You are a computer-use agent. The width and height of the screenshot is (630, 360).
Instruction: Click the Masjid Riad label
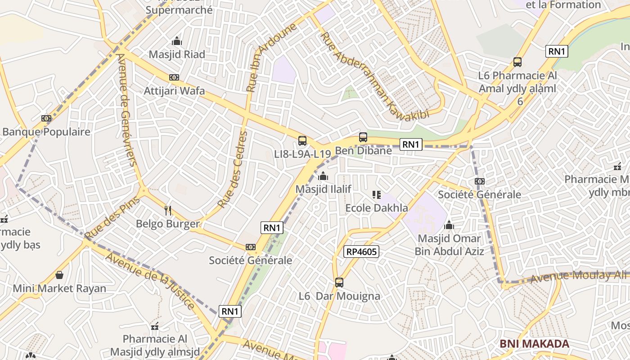(x=177, y=54)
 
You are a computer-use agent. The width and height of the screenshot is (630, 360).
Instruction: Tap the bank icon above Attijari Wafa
(x=174, y=77)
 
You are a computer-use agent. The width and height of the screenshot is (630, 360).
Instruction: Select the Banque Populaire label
(x=46, y=132)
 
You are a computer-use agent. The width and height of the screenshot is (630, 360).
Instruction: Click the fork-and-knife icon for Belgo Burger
(x=168, y=210)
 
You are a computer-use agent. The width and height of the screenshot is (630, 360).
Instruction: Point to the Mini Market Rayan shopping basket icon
(x=59, y=274)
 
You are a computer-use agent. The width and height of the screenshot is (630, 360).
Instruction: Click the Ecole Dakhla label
(x=376, y=208)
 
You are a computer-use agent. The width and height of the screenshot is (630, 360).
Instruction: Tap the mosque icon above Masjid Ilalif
(x=323, y=176)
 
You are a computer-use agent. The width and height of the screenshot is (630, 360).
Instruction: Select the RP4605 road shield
(x=361, y=252)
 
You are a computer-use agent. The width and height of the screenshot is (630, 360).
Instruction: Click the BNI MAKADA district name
(x=534, y=344)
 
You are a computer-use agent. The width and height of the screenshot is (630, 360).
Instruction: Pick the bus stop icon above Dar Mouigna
(x=339, y=283)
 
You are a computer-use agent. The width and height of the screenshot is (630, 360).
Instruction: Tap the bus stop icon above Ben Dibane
(x=363, y=137)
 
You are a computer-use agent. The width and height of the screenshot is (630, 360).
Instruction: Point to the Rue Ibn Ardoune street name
(x=271, y=57)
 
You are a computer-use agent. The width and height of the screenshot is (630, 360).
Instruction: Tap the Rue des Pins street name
(x=112, y=218)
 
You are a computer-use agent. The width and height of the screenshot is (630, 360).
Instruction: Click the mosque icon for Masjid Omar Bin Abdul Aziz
(x=449, y=225)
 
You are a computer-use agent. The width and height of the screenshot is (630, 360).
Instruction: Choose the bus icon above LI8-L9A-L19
(x=302, y=140)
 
